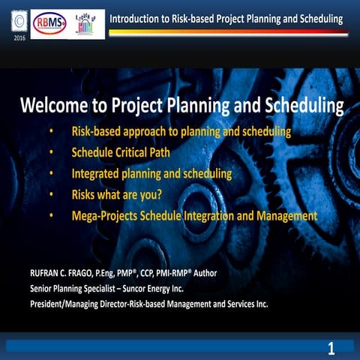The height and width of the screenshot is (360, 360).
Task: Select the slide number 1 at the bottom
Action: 330,347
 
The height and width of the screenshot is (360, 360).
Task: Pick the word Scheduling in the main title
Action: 299,105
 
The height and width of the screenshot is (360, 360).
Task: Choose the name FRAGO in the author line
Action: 86,273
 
